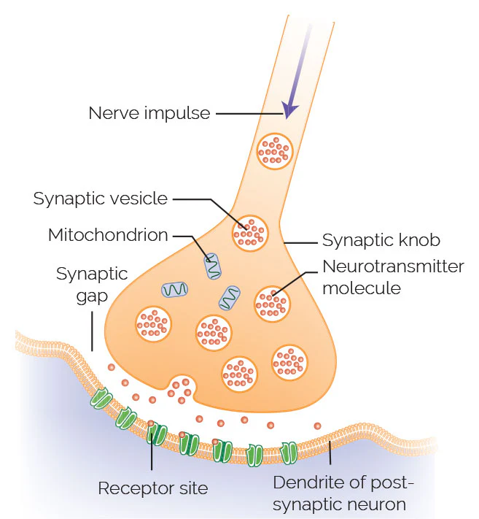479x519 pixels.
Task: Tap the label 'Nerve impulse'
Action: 149,113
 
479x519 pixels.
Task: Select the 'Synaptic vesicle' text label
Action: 100,199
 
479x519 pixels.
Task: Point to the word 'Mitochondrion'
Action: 108,235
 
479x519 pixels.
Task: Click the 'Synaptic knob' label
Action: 381,239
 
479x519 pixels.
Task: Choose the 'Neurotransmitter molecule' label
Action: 392,277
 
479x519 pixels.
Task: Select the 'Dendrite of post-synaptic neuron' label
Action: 342,493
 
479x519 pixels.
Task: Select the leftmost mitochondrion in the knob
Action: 175,289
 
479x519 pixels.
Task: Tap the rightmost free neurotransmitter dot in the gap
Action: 317,426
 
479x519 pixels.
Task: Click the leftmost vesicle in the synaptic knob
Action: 154,323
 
